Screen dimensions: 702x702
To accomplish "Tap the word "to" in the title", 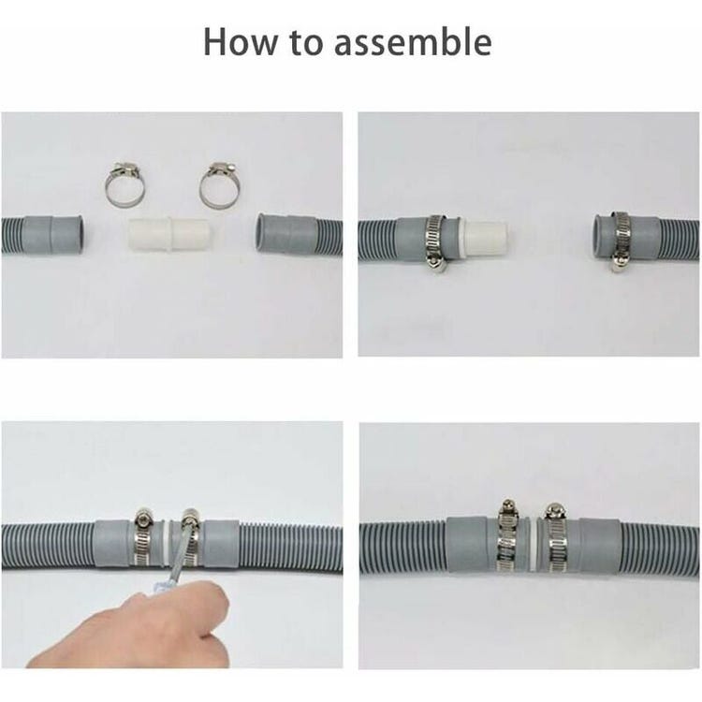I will [x=310, y=43].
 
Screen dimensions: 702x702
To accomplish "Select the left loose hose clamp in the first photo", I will [x=124, y=185].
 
